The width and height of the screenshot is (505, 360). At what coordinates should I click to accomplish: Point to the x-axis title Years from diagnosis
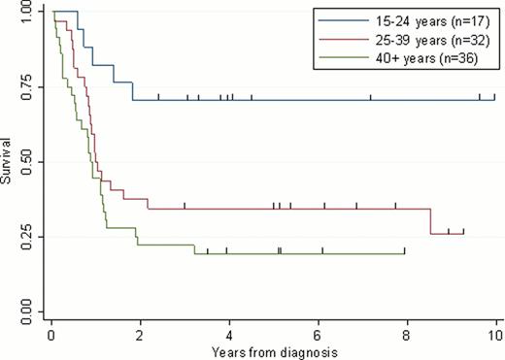pos(274,350)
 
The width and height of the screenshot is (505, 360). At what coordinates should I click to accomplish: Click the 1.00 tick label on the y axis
pos(23,12)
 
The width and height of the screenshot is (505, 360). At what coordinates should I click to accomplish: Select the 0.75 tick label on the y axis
pos(23,86)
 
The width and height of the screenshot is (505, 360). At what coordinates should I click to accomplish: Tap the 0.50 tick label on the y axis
pos(23,162)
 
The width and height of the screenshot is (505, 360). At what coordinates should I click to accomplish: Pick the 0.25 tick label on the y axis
pos(23,237)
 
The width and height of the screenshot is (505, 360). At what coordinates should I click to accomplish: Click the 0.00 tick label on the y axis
pos(23,311)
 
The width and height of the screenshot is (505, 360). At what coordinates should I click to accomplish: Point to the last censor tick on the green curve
pos(404,252)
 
